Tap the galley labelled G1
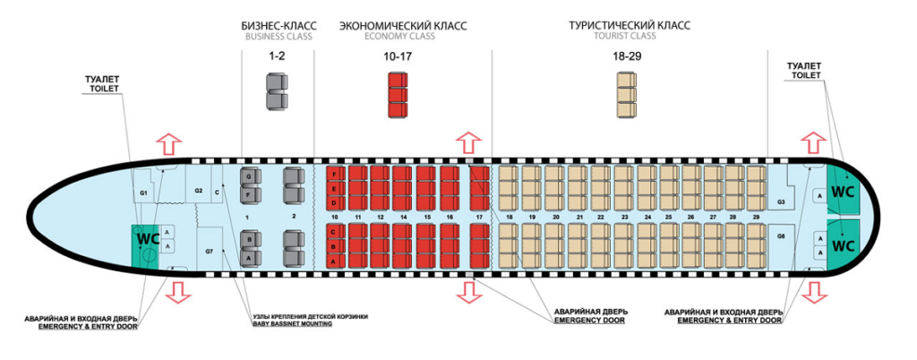(143, 193)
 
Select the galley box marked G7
(210, 252)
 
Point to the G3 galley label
(781, 202)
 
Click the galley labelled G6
(781, 236)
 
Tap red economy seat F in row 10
(334, 172)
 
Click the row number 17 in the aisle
(480, 218)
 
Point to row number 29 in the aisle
(756, 218)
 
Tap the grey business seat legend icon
(278, 90)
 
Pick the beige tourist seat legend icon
(625, 92)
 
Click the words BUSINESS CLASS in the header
(278, 37)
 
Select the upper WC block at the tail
(844, 191)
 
